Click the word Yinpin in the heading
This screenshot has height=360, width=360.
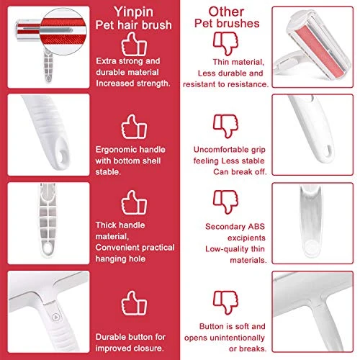coord(133,12)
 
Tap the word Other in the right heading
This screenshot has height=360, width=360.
coord(226,12)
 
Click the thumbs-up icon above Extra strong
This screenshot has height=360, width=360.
coord(134,44)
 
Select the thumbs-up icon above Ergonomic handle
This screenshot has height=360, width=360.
coord(134,127)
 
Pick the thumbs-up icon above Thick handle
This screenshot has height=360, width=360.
coord(134,202)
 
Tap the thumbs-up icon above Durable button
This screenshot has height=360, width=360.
coord(134,303)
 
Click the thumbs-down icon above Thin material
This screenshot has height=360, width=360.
coord(225,44)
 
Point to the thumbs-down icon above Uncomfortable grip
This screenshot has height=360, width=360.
coord(225,126)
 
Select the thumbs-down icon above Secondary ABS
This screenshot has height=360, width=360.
coord(225,202)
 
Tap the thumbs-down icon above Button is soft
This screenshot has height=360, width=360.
coord(225,302)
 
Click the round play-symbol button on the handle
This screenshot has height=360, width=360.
coord(55,318)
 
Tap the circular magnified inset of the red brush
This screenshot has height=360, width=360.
coord(63,32)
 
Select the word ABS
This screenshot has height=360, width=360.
coord(256,227)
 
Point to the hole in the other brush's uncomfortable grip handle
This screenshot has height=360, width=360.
coord(328,150)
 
